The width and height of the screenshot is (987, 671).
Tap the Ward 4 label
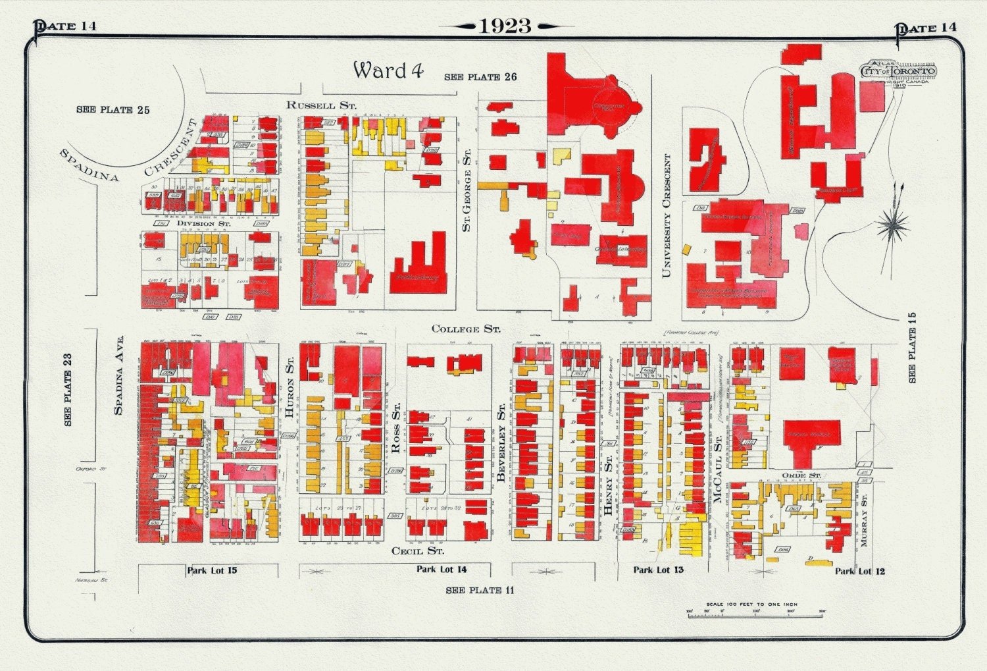pyautogui.click(x=388, y=70)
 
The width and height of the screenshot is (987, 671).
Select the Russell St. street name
pyautogui.click(x=321, y=105)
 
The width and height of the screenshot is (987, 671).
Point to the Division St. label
pyautogui.click(x=204, y=224)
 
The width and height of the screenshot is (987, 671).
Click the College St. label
pyautogui.click(x=466, y=329)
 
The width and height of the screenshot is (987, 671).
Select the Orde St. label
pyautogui.click(x=801, y=475)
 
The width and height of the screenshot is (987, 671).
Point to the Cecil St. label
pyautogui.click(x=417, y=550)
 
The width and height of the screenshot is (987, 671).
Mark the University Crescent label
pyautogui.click(x=667, y=216)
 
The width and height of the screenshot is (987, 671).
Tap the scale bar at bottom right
pyautogui.click(x=756, y=612)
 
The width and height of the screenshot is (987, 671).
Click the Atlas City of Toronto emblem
pyautogui.click(x=898, y=72)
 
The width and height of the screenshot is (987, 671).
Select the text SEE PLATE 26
pyautogui.click(x=480, y=77)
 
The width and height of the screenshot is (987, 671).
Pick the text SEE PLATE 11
pyautogui.click(x=480, y=590)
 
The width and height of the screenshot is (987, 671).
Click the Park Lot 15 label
pyautogui.click(x=212, y=570)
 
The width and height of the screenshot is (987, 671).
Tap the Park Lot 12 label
pyautogui.click(x=860, y=571)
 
